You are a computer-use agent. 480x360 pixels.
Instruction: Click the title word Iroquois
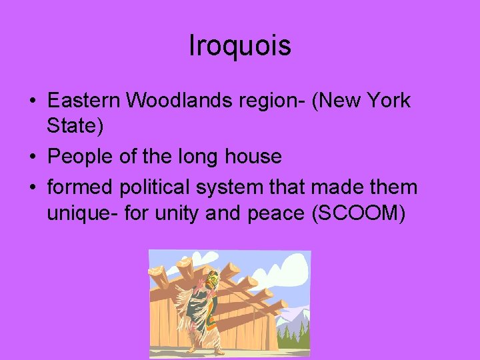point(240,46)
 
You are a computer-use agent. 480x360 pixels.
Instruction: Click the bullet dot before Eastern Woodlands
point(33,102)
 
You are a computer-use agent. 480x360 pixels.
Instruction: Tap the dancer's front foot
point(193,349)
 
